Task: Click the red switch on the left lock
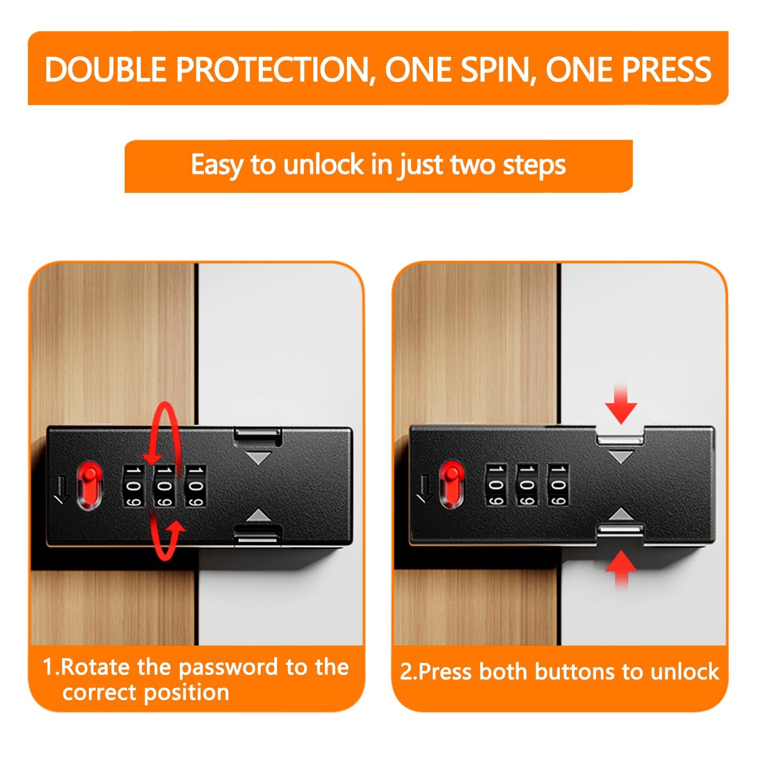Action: click(x=90, y=486)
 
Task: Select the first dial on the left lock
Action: click(x=133, y=486)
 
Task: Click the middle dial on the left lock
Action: click(x=164, y=486)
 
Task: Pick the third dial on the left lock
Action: click(x=196, y=486)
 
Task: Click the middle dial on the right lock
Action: click(x=526, y=485)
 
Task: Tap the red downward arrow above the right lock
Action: click(x=621, y=405)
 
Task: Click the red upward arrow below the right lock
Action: click(x=621, y=569)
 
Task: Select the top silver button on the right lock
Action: click(x=620, y=439)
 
